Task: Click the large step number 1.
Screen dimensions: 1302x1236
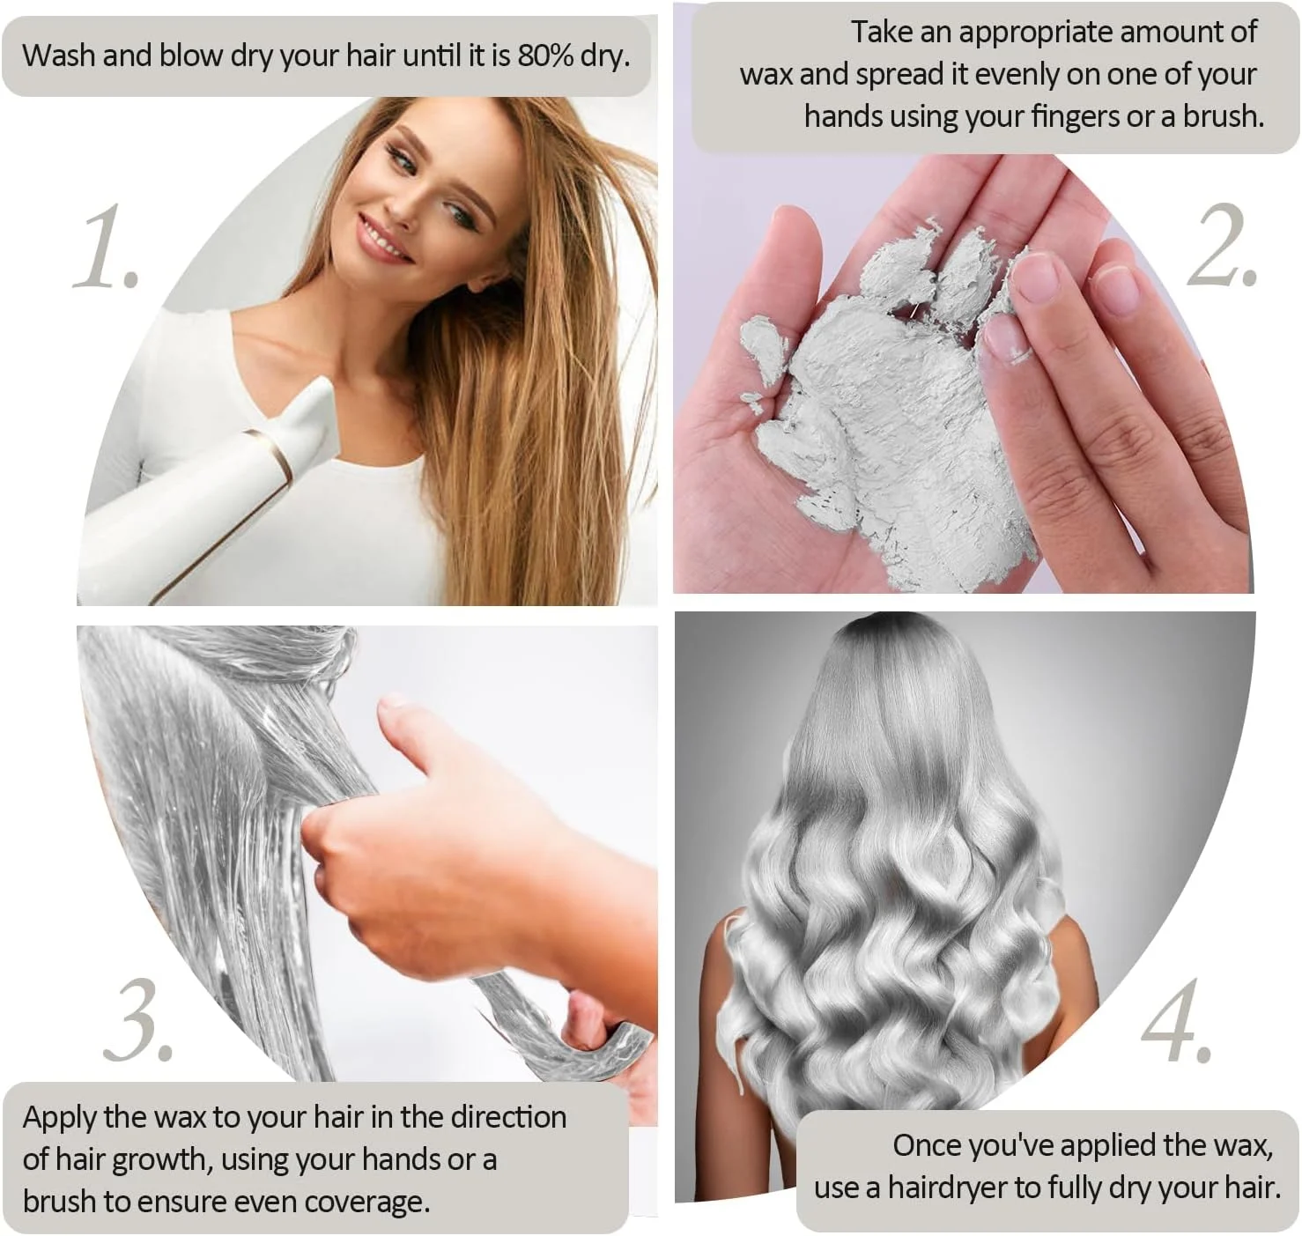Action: [x=106, y=247]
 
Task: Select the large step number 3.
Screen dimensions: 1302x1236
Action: [x=138, y=1020]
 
